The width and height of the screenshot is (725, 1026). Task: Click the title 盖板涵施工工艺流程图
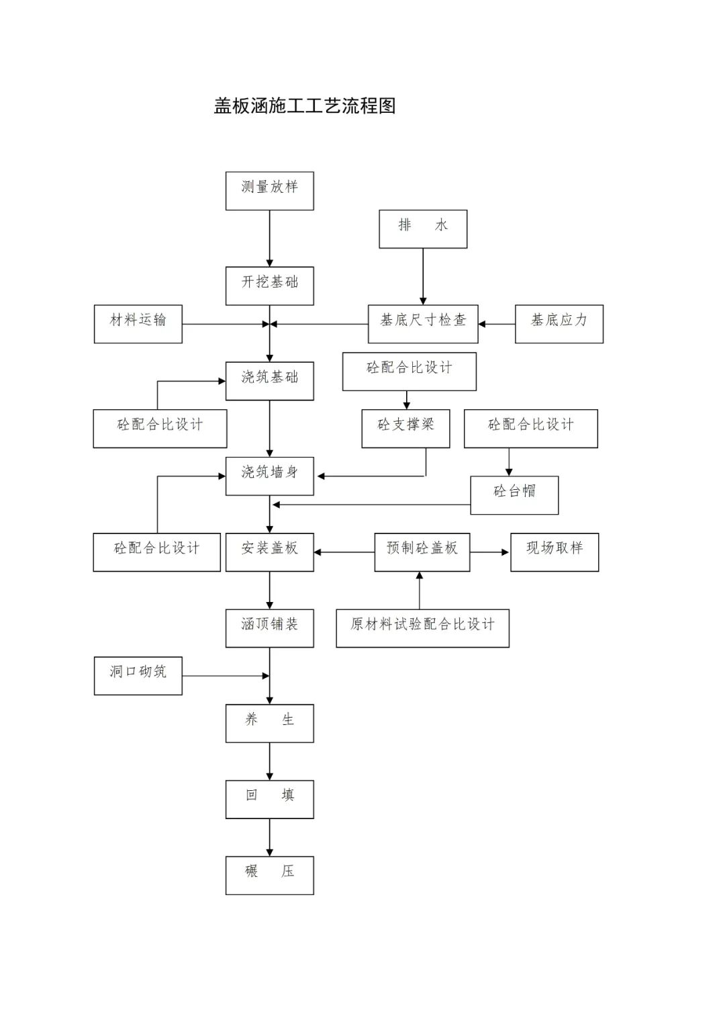(305, 106)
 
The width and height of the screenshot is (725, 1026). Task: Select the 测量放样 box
(269, 191)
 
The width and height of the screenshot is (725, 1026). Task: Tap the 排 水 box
(423, 228)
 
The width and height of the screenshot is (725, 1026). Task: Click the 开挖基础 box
(269, 286)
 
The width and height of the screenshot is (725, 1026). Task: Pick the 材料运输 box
(138, 324)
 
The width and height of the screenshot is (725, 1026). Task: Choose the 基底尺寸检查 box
(423, 324)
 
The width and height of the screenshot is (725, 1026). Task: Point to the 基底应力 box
(559, 324)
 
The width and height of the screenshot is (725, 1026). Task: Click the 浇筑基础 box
(269, 381)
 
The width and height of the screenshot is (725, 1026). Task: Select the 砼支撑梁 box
(405, 429)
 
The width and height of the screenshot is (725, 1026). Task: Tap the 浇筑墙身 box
(269, 476)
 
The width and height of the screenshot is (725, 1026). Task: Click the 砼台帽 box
(514, 495)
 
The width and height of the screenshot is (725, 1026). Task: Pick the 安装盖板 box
(269, 552)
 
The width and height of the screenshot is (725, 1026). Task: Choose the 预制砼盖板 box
(422, 552)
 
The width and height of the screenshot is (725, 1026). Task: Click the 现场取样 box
(554, 552)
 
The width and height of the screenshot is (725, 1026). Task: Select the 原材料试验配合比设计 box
(422, 628)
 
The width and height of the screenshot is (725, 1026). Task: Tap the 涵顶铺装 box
(269, 628)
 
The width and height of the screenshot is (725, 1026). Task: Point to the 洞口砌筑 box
(138, 675)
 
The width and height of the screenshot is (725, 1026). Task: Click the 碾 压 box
(269, 875)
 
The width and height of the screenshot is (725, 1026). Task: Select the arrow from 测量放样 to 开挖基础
(270, 239)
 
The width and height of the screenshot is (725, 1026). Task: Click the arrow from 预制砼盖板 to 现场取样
(490, 552)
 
